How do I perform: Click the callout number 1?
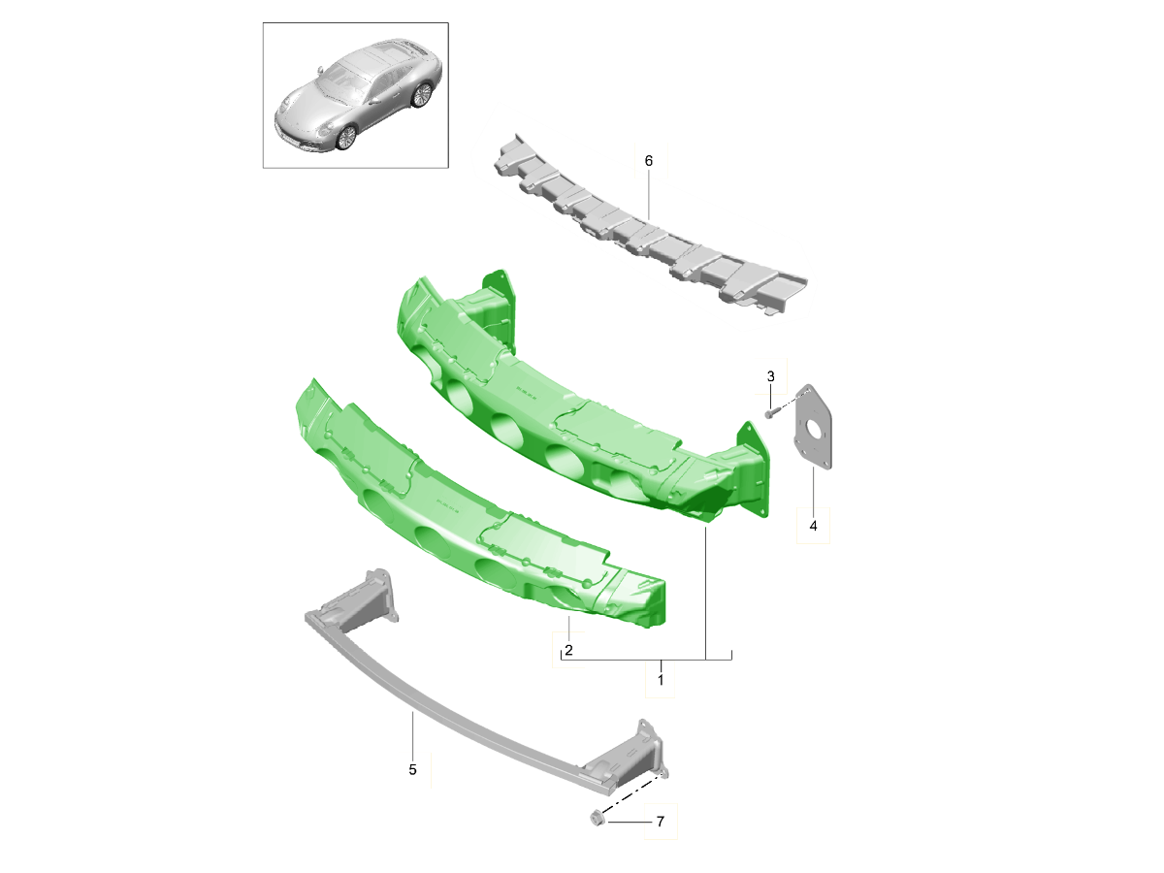pos(661,681)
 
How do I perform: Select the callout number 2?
pos(568,650)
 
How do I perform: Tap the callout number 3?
pos(770,376)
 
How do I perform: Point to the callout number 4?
pos(813,527)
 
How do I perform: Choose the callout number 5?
pos(412,769)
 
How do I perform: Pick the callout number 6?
pos(649,160)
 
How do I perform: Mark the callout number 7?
pos(660,823)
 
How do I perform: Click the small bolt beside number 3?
pos(768,413)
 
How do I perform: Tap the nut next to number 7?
pos(598,821)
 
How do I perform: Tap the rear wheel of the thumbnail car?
pos(421,95)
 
